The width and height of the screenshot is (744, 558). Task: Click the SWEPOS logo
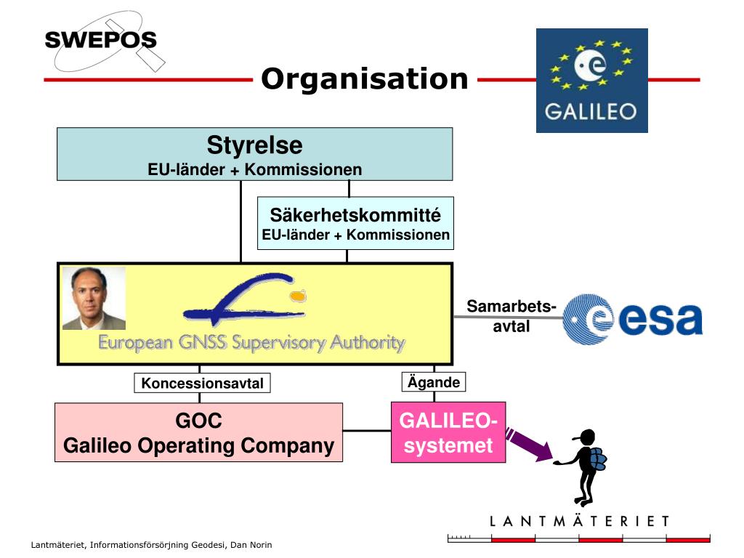pyautogui.click(x=101, y=39)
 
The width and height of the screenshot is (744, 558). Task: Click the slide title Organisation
pyautogui.click(x=365, y=78)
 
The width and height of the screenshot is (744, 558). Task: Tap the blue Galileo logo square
pyautogui.click(x=591, y=81)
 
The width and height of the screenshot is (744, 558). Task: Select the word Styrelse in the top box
pyautogui.click(x=254, y=145)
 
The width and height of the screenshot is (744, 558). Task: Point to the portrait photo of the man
pyautogui.click(x=94, y=298)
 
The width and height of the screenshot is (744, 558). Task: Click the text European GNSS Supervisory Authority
pyautogui.click(x=251, y=342)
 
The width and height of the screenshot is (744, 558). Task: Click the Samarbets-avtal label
pyautogui.click(x=511, y=316)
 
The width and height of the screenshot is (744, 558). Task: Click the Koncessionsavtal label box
pyautogui.click(x=202, y=383)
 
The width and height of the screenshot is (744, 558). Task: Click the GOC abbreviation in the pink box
pyautogui.click(x=198, y=421)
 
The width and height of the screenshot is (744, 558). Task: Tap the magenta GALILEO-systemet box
pyautogui.click(x=448, y=432)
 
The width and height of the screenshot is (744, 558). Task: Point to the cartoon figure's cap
pyautogui.click(x=584, y=436)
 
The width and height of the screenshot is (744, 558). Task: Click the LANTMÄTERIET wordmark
pyautogui.click(x=579, y=521)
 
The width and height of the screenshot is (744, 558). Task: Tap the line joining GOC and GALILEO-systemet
pyautogui.click(x=367, y=431)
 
